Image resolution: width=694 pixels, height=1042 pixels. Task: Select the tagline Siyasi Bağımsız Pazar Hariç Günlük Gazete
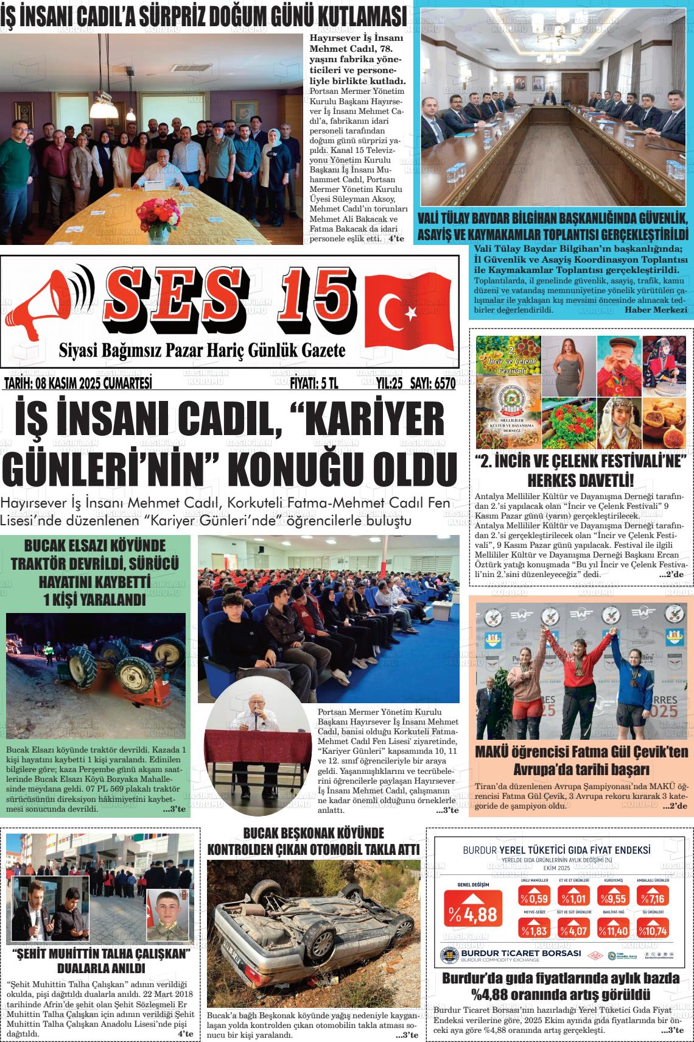(x=202, y=350)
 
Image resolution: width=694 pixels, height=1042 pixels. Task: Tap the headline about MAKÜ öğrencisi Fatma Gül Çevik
(x=581, y=759)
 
